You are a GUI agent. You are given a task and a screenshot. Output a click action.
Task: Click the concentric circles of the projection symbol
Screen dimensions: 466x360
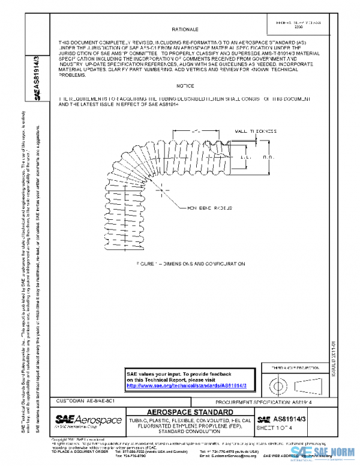(278, 383)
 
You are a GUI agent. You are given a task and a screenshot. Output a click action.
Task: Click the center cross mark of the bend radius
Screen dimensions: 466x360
(166, 190)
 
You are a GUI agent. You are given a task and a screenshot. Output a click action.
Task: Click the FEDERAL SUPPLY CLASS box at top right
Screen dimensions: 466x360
(294, 25)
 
